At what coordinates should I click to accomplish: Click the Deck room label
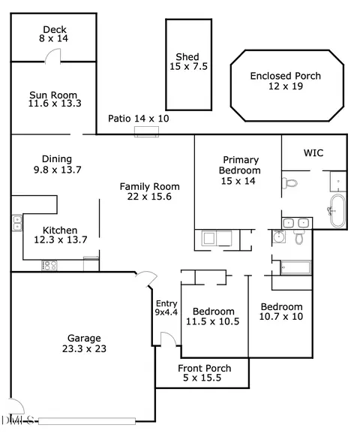55,29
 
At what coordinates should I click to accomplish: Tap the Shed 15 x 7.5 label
188,62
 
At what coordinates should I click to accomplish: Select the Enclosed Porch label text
286,76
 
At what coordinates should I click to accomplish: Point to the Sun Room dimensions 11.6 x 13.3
55,104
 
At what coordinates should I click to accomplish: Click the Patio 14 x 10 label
139,119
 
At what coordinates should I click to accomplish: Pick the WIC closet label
313,153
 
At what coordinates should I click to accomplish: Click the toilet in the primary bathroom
289,183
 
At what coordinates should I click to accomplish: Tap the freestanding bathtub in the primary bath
337,210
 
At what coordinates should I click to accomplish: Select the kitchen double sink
17,223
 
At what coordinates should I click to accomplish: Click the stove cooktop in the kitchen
49,265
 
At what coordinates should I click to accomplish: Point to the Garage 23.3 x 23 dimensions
84,348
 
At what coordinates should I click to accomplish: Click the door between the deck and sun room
53,55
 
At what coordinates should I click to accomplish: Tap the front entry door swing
168,339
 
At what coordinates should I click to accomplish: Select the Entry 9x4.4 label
166,308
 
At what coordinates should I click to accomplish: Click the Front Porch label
205,368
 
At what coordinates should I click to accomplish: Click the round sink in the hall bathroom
279,237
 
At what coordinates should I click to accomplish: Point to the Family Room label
150,187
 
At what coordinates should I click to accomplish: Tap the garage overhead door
87,421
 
